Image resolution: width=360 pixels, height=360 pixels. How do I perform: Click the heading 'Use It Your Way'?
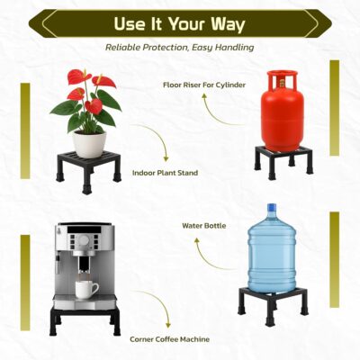pyautogui.click(x=179, y=24)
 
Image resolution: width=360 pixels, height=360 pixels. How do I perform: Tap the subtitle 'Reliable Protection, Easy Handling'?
pyautogui.click(x=180, y=48)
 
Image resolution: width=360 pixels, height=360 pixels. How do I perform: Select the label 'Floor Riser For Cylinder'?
pyautogui.click(x=204, y=85)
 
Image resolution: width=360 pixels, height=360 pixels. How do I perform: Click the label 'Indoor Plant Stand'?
pyautogui.click(x=166, y=173)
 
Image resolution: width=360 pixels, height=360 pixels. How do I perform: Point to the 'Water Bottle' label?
pyautogui.click(x=204, y=226)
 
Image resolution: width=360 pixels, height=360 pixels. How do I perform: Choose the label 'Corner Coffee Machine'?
pyautogui.click(x=169, y=339)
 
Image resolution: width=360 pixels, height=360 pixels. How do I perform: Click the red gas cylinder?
pyautogui.click(x=282, y=111)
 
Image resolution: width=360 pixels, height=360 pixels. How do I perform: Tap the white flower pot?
pyautogui.click(x=90, y=144)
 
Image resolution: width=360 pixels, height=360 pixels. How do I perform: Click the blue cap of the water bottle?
pyautogui.click(x=272, y=207)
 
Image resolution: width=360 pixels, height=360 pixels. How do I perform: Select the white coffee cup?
pyautogui.click(x=86, y=289)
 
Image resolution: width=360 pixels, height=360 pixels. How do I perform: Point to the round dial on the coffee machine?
pyautogui.click(x=84, y=240)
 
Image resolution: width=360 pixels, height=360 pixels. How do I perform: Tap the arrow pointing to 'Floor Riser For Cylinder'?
pyautogui.click(x=214, y=115)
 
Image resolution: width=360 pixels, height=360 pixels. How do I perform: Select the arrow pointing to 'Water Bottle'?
pyautogui.click(x=207, y=259)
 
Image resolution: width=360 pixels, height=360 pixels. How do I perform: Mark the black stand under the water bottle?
pyautogui.click(x=273, y=303)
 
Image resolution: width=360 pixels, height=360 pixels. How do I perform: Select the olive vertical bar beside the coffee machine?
pyautogui.click(x=25, y=283)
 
